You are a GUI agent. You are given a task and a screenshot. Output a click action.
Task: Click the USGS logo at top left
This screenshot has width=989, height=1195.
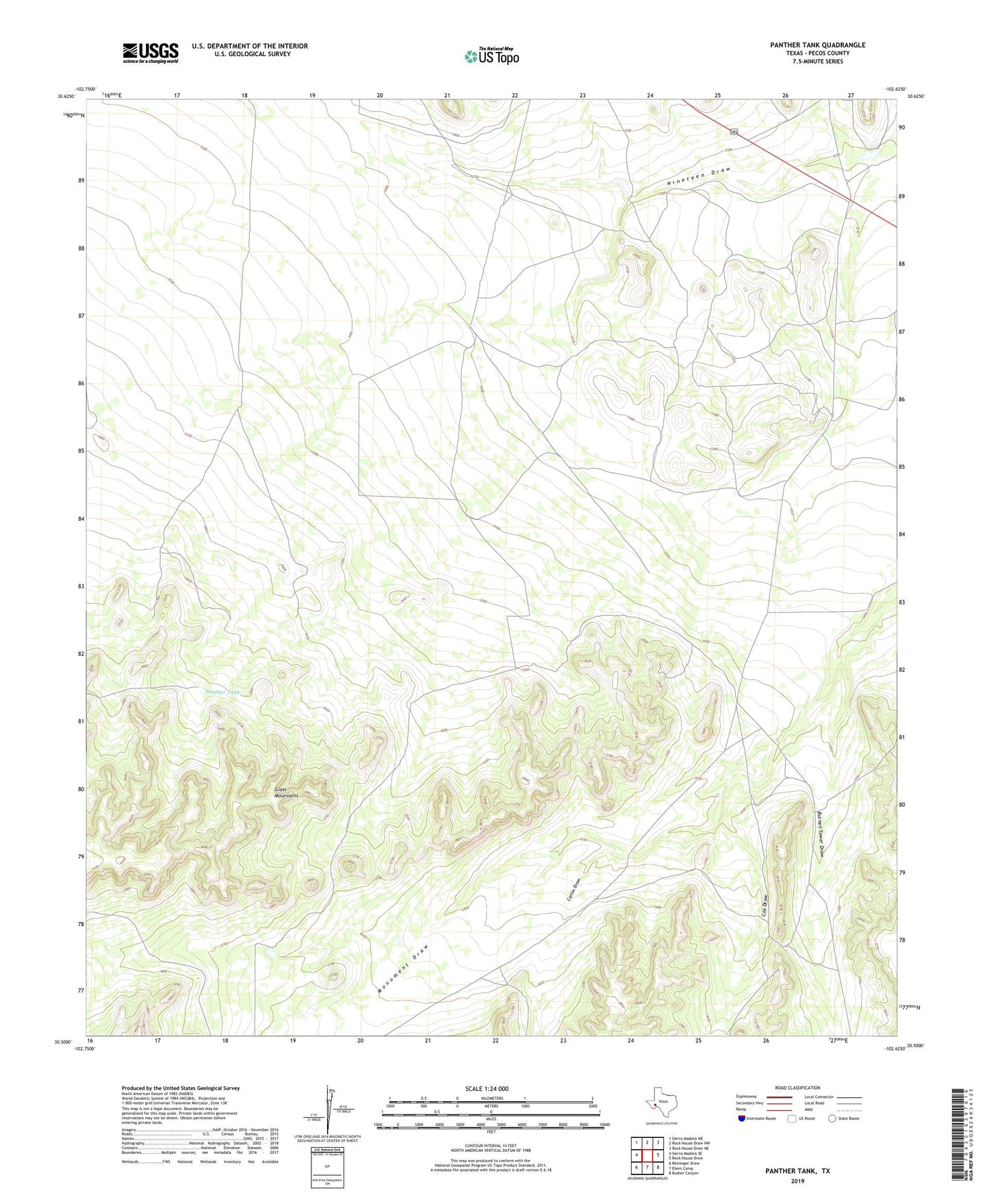pyautogui.click(x=150, y=53)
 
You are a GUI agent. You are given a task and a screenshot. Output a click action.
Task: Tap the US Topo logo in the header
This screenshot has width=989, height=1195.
pyautogui.click(x=491, y=56)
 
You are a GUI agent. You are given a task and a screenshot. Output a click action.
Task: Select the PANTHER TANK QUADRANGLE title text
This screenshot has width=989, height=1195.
pyautogui.click(x=817, y=45)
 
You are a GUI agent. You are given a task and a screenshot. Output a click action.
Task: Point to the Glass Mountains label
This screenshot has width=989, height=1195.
pyautogui.click(x=286, y=793)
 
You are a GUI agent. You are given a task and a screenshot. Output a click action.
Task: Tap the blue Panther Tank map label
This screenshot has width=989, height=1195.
pyautogui.click(x=223, y=692)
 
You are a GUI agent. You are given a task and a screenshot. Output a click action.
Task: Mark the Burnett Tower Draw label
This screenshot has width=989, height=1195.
pyautogui.click(x=821, y=834)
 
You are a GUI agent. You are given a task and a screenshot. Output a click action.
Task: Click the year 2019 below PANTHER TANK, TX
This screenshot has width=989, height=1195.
pyautogui.click(x=797, y=1181)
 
